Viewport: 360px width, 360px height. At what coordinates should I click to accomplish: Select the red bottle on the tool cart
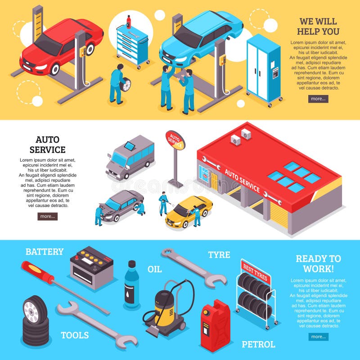pyautogui.click(x=129, y=22)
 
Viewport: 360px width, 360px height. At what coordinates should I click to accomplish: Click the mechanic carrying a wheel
pyautogui.click(x=117, y=83)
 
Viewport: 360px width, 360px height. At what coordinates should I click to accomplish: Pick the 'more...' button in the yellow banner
pyautogui.click(x=318, y=99)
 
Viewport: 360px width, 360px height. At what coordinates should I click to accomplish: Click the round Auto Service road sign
pyautogui.click(x=175, y=140)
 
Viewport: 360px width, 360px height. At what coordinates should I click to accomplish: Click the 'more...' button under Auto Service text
pyautogui.click(x=47, y=216)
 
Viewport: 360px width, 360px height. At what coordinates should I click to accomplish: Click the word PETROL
pyautogui.click(x=258, y=345)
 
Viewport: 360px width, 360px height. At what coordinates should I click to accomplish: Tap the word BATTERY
pyautogui.click(x=44, y=252)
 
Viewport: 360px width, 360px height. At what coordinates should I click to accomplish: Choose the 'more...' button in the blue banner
pyautogui.click(x=318, y=337)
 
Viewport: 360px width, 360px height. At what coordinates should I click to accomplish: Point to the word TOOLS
pyautogui.click(x=75, y=335)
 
